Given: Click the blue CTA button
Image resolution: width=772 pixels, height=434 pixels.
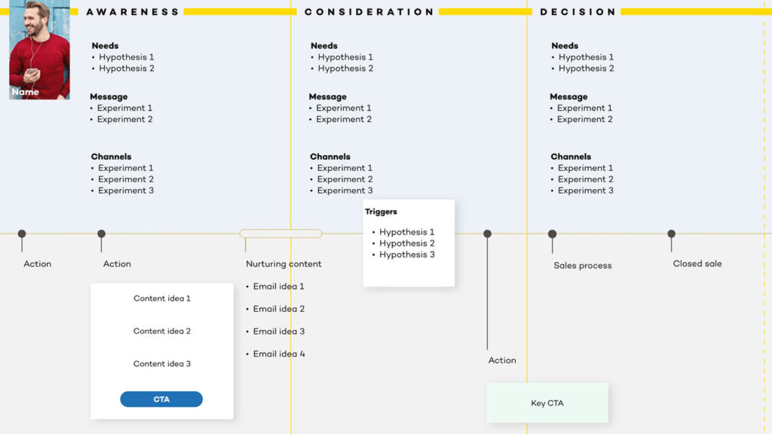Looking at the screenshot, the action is click(161, 399).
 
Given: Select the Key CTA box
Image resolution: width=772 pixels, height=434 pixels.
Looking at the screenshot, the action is click(547, 403).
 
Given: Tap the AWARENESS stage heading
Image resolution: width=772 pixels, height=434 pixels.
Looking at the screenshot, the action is click(133, 12).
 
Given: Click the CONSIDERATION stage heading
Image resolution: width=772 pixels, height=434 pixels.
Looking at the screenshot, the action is click(369, 12).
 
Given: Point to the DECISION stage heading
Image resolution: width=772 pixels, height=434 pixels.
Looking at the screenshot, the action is click(578, 12).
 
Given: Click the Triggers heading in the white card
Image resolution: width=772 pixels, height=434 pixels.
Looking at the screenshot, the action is click(381, 212).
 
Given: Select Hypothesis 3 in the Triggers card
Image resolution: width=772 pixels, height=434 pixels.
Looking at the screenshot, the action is click(406, 255).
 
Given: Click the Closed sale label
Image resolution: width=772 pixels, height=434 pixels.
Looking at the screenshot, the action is click(697, 264).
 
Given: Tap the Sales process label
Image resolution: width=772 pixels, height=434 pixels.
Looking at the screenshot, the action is click(583, 266).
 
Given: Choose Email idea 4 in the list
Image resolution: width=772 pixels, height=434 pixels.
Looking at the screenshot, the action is click(279, 354).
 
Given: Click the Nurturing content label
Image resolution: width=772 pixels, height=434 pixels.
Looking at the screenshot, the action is click(283, 264).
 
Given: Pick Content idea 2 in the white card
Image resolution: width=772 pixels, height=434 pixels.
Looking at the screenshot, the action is click(162, 332).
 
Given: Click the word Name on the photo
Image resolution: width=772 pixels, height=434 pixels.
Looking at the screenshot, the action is click(25, 92).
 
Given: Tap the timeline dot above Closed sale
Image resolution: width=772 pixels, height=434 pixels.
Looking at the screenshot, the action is click(672, 234).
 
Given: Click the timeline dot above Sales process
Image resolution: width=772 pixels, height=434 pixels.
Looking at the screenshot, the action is click(553, 234).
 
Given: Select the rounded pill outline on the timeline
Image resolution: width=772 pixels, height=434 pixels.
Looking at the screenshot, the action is click(280, 230).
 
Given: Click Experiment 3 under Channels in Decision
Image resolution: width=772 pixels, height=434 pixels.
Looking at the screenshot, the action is click(585, 191).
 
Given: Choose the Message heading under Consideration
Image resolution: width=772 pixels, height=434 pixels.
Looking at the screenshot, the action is click(328, 97).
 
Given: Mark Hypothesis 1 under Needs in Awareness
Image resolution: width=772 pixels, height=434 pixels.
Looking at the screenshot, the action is click(127, 57).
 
